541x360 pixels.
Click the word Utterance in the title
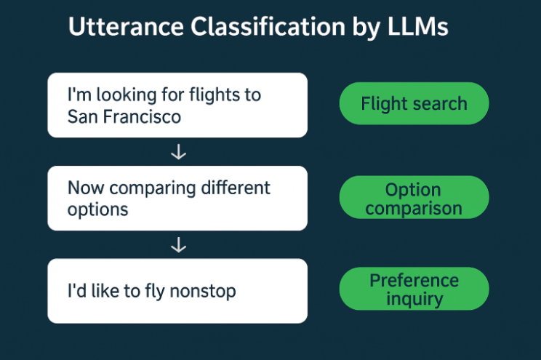coord(126,27)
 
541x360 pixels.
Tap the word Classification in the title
coord(268,27)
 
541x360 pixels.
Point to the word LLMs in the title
coord(418,27)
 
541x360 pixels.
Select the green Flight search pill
coord(414,103)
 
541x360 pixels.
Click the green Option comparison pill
coord(414,197)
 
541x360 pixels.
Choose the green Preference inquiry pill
coord(414,289)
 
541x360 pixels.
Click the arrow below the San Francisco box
coord(178,152)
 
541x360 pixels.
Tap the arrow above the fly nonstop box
coord(178,244)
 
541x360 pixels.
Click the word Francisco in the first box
coord(142,116)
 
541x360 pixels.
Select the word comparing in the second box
coord(152,189)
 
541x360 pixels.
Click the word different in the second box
coord(236,188)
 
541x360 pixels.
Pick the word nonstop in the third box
coord(203,292)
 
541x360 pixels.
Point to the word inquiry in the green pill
coord(414,299)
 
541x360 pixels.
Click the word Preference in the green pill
coord(414,280)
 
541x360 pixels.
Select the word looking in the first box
coord(127,95)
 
